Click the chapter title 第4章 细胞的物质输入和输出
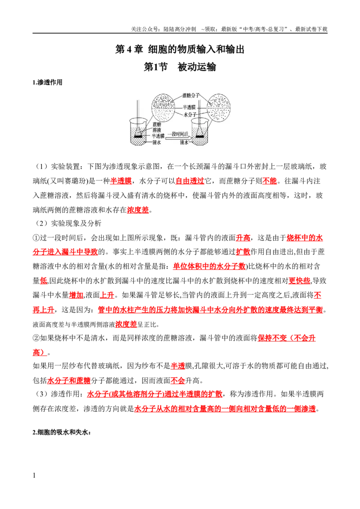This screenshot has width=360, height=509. click(x=180, y=49)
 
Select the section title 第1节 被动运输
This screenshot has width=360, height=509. click(x=180, y=67)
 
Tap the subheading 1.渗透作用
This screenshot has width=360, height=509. click(x=47, y=82)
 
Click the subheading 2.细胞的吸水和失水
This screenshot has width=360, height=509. click(x=62, y=433)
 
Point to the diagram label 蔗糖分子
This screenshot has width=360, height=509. click(x=191, y=95)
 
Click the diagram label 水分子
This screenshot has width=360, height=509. click(x=190, y=115)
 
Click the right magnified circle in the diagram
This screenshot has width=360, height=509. click(x=219, y=108)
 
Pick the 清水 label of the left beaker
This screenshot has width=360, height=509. click(x=157, y=142)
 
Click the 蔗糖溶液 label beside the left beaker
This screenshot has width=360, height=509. click(x=157, y=127)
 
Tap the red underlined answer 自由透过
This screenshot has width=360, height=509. click(x=190, y=181)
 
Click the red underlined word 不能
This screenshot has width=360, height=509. click(x=270, y=181)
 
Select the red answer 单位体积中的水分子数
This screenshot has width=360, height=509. click(x=209, y=267)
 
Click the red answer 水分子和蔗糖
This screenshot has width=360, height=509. click(x=69, y=380)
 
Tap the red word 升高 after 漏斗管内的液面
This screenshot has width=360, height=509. click(x=243, y=238)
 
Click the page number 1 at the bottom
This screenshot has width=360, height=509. click(x=34, y=476)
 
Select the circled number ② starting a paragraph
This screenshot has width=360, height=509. click(x=36, y=338)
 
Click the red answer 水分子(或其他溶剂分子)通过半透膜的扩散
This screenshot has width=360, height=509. click(x=155, y=394)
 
